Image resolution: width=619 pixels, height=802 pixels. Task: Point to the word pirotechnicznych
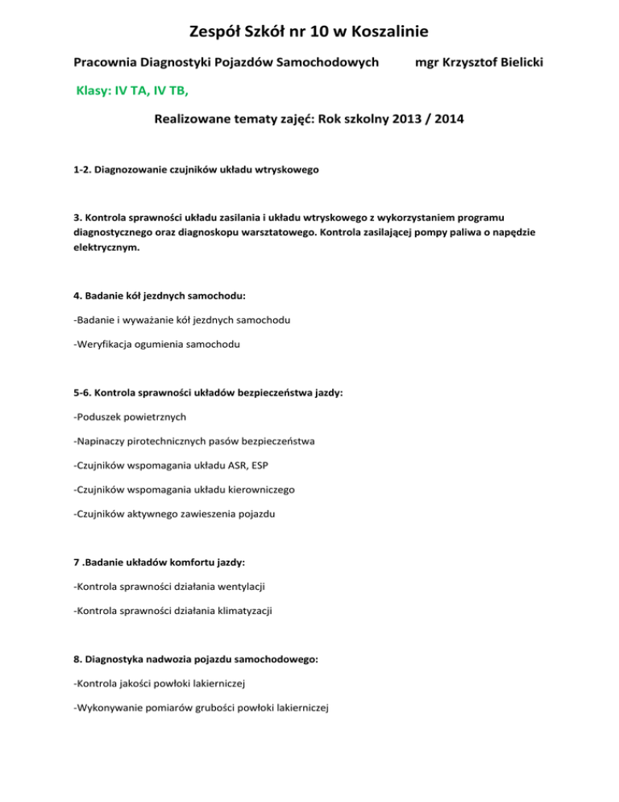click(x=170, y=442)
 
